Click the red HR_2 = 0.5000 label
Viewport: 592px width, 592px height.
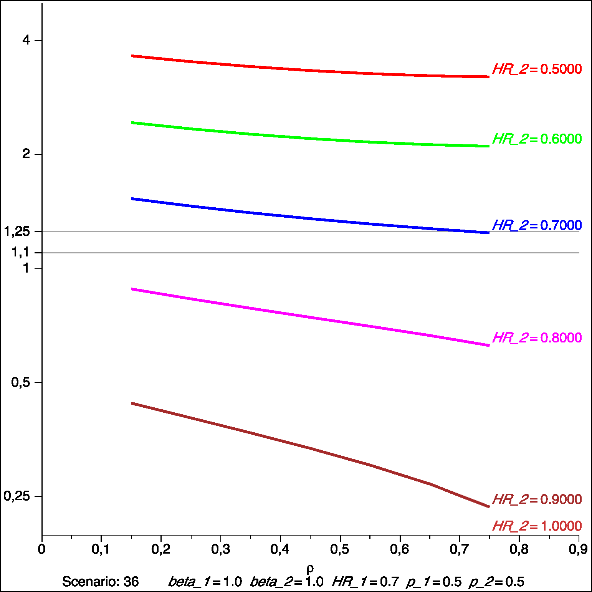pyautogui.click(x=537, y=69)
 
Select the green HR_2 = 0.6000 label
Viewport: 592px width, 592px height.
pyautogui.click(x=537, y=139)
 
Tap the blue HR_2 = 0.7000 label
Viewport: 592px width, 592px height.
pyautogui.click(x=537, y=225)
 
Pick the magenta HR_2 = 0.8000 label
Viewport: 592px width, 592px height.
pyautogui.click(x=537, y=338)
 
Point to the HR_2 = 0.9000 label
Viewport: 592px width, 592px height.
pyautogui.click(x=537, y=499)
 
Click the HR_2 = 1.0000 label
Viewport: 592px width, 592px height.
pyautogui.click(x=537, y=526)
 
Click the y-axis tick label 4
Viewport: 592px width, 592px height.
pyautogui.click(x=26, y=40)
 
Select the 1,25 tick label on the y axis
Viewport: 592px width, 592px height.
pyautogui.click(x=17, y=232)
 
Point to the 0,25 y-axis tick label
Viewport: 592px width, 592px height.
pyautogui.click(x=17, y=496)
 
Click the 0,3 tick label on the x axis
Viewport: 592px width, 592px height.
pyautogui.click(x=221, y=549)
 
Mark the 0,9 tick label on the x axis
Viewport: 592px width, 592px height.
pyautogui.click(x=578, y=549)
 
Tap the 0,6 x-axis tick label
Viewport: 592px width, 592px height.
pyautogui.click(x=400, y=549)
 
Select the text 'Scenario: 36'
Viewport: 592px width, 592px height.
pyautogui.click(x=100, y=582)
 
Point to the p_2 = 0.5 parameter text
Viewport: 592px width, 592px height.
pyautogui.click(x=496, y=582)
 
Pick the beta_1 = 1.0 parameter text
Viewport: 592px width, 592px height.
pyautogui.click(x=205, y=582)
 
